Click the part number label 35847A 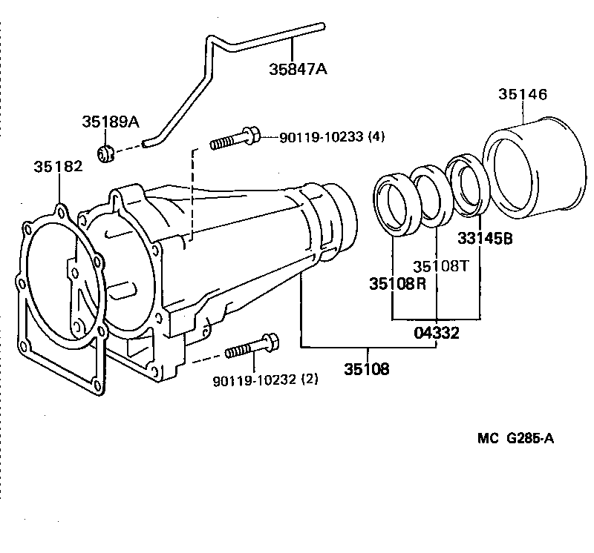coord(298,70)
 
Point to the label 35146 coord(523,95)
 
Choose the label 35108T coord(441,265)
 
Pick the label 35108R coord(398,284)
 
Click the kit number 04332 coord(436,334)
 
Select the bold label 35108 coord(366,368)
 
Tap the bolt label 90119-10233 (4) coord(332,136)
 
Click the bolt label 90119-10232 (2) coord(265,380)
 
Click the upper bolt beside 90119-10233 coord(235,139)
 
